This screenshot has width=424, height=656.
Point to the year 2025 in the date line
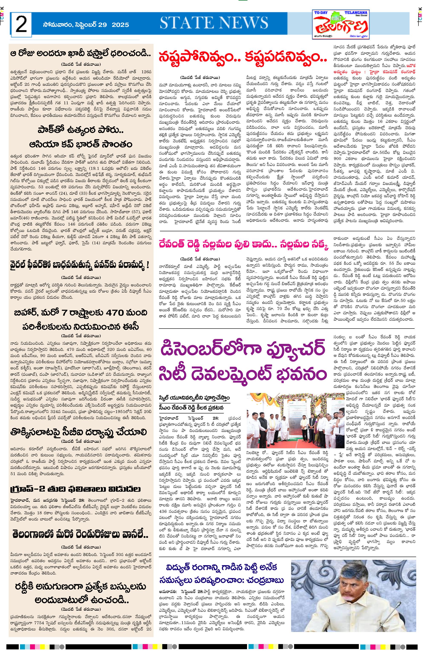(x=120, y=24)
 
